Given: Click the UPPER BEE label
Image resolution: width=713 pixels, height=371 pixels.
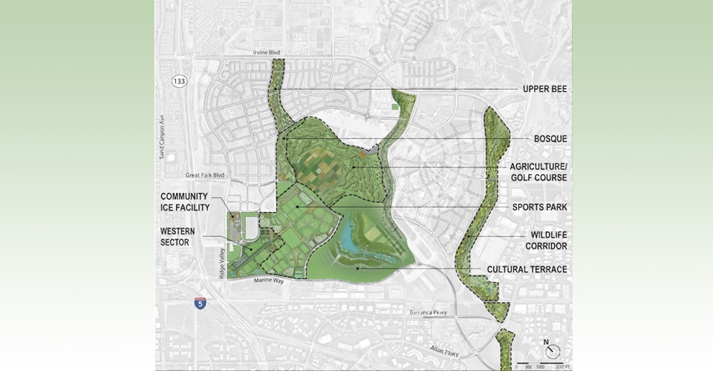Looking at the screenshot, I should pyautogui.click(x=544, y=89).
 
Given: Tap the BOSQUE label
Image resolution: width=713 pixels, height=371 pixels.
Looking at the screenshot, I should pyautogui.click(x=550, y=139).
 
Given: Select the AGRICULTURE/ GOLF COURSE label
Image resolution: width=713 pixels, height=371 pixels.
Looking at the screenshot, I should pyautogui.click(x=539, y=172).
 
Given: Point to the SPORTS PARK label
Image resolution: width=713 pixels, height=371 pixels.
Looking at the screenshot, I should pyautogui.click(x=539, y=207).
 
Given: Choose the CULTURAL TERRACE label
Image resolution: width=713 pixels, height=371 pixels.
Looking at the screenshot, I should pyautogui.click(x=527, y=269).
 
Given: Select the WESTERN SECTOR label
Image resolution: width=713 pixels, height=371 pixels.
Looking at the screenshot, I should pyautogui.click(x=178, y=237).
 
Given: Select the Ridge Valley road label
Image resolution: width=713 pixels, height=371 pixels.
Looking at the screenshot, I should pyautogui.click(x=221, y=263).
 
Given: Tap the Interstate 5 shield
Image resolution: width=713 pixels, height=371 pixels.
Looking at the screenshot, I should pyautogui.click(x=200, y=302).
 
